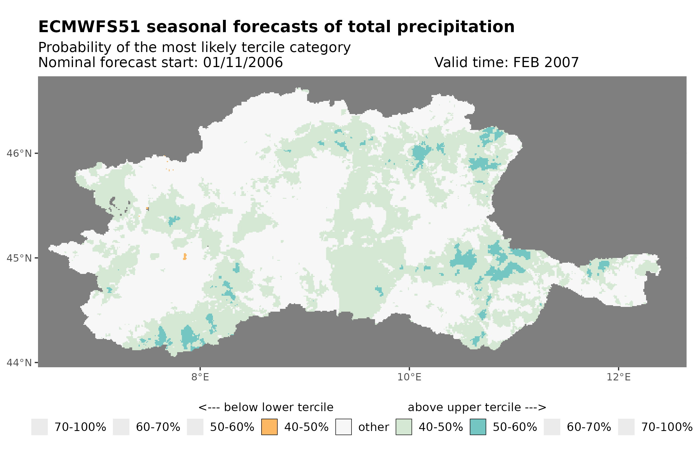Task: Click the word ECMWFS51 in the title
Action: pyautogui.click(x=89, y=27)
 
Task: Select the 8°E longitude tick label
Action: pyautogui.click(x=200, y=377)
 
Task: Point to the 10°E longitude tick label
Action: pyautogui.click(x=409, y=377)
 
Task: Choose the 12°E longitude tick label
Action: pyautogui.click(x=618, y=377)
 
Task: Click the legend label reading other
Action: pyautogui.click(x=373, y=427)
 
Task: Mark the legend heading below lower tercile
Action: pyautogui.click(x=266, y=407)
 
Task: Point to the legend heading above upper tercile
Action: pyautogui.click(x=477, y=407)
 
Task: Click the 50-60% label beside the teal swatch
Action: pyautogui.click(x=515, y=427)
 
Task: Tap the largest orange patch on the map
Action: pyautogui.click(x=185, y=257)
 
